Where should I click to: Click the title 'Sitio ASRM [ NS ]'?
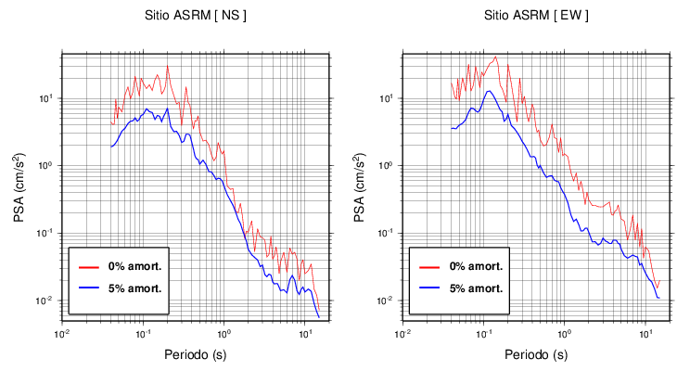click(x=195, y=16)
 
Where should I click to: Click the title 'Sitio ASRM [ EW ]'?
click(x=536, y=16)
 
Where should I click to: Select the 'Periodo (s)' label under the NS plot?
click(x=195, y=354)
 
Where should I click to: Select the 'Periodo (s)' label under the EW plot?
click(x=535, y=354)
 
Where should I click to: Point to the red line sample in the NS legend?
click(x=88, y=266)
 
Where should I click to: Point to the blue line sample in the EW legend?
click(x=428, y=288)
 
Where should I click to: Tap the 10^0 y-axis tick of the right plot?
click(x=390, y=165)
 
